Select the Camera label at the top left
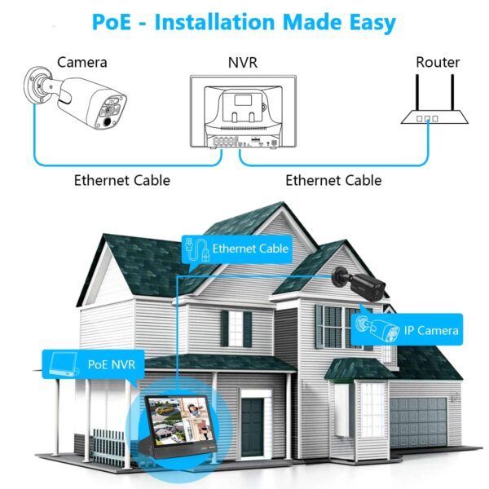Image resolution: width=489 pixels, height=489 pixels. [81, 62]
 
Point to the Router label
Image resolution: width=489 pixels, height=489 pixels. [438, 62]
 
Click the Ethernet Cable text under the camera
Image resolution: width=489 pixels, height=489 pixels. [122, 180]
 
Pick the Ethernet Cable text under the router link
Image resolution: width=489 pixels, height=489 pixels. [333, 180]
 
